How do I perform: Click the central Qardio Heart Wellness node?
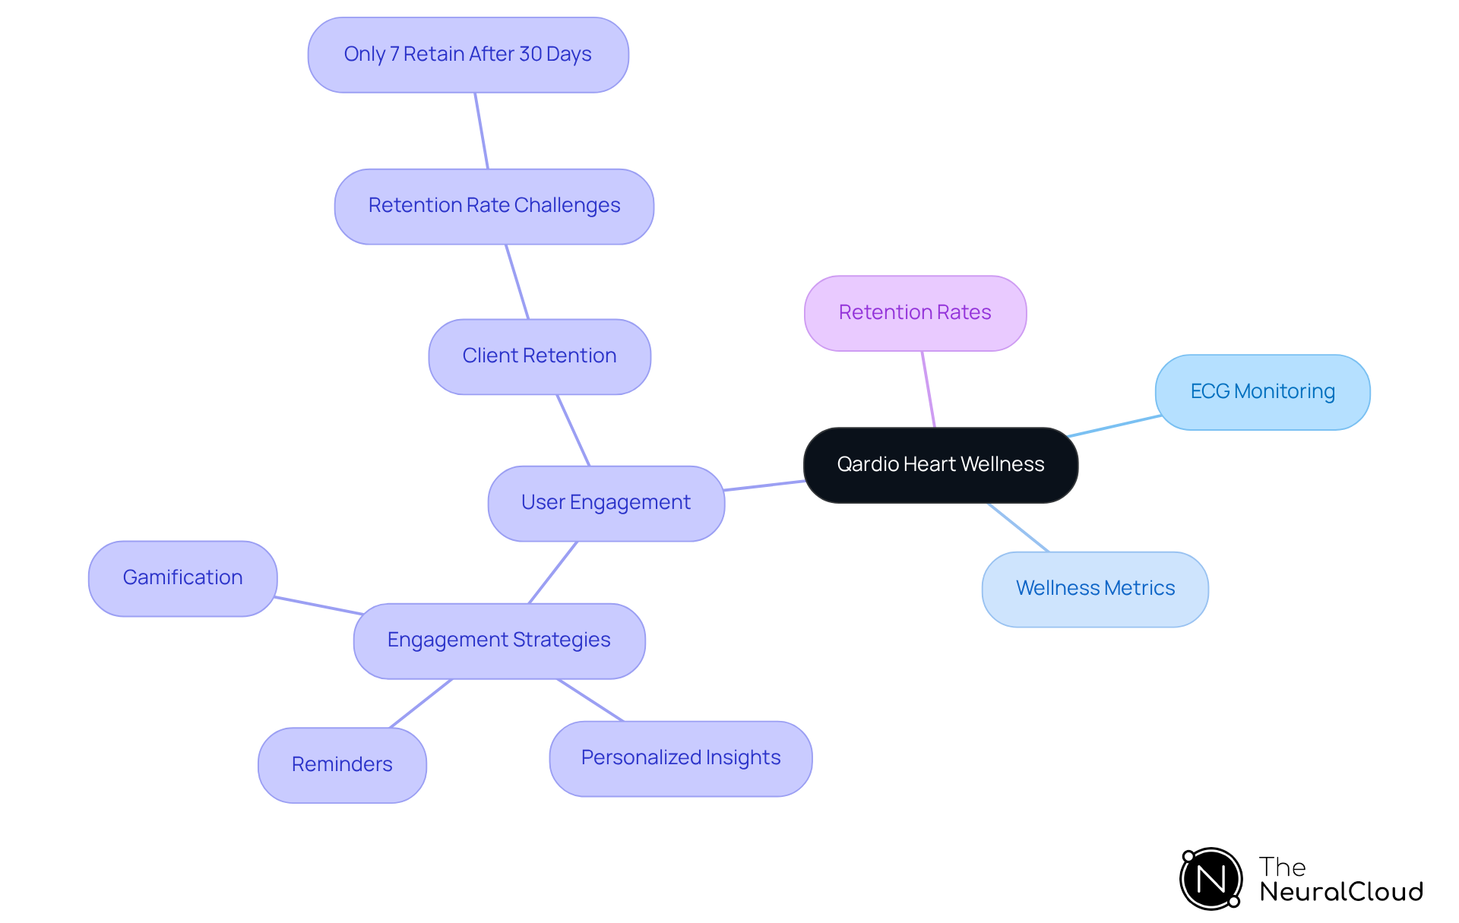pyautogui.click(x=940, y=464)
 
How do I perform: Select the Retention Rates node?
pyautogui.click(x=915, y=312)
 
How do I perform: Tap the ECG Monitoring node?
pyautogui.click(x=1262, y=391)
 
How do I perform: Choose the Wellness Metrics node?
pyautogui.click(x=1095, y=588)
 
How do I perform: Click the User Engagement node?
pyautogui.click(x=606, y=502)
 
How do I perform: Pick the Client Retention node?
pyautogui.click(x=539, y=356)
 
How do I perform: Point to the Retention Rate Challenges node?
pyautogui.click(x=494, y=205)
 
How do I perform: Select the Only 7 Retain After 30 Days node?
pyautogui.click(x=467, y=54)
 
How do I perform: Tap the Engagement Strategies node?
pyautogui.click(x=498, y=640)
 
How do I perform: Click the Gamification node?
pyautogui.click(x=182, y=577)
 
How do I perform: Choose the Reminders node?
pyautogui.click(x=342, y=764)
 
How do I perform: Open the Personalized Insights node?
pyautogui.click(x=681, y=757)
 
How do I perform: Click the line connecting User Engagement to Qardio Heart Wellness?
pyautogui.click(x=764, y=485)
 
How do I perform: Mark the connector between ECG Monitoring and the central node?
pyautogui.click(x=1113, y=426)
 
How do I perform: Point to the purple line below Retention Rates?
pyautogui.click(x=928, y=389)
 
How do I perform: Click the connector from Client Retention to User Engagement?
pyautogui.click(x=573, y=430)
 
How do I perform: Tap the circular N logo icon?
pyautogui.click(x=1211, y=879)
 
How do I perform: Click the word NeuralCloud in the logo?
pyautogui.click(x=1340, y=891)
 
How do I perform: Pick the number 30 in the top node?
pyautogui.click(x=530, y=54)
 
